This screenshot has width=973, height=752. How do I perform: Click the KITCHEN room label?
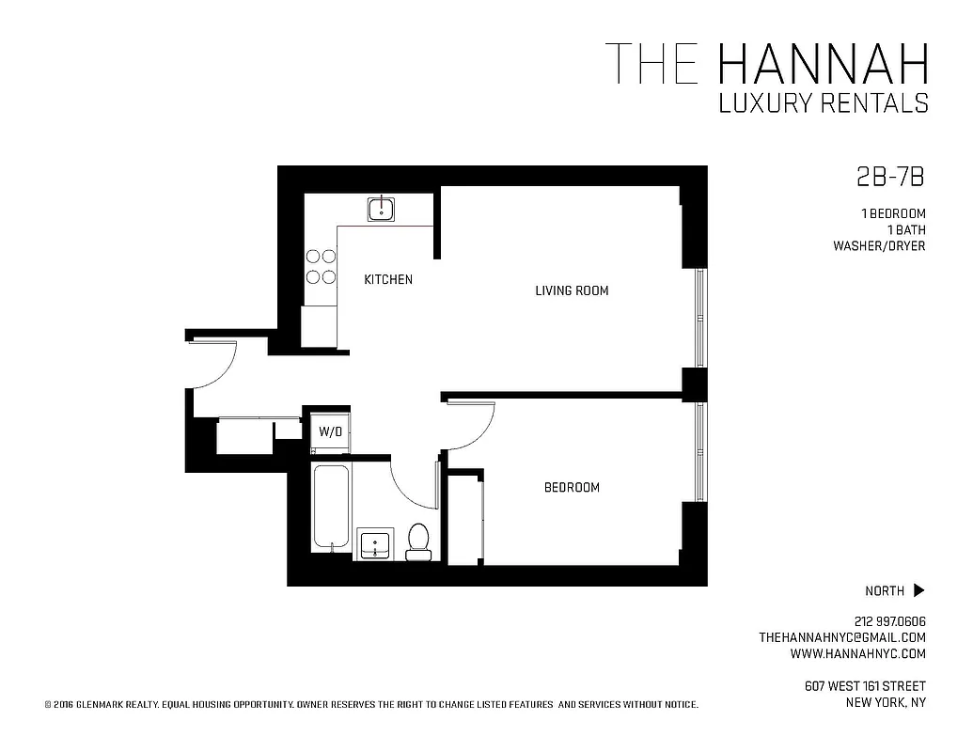coord(388,279)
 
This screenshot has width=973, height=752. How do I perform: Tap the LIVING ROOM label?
coord(572,290)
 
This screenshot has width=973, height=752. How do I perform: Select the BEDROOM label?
coord(572,487)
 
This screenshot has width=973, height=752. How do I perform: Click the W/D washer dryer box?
coord(330,432)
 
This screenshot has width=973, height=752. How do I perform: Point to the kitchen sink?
coord(381,209)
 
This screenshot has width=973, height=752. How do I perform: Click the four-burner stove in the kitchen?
coord(321,266)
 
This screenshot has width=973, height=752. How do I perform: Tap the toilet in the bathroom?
coord(417,541)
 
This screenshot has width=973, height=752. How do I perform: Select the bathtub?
coord(330,508)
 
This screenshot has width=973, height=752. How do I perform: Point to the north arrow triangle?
coord(918,590)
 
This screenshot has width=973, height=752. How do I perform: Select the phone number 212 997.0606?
coord(890,621)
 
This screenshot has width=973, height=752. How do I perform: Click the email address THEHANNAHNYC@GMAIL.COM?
coord(842,637)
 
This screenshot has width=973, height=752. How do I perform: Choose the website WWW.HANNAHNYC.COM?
coord(857,653)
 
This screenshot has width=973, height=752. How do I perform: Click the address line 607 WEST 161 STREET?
coord(865,685)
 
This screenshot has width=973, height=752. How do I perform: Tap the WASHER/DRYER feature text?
coord(879,246)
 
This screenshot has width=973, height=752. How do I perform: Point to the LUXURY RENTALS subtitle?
coord(824,103)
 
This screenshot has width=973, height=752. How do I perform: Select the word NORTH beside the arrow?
coord(885,591)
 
